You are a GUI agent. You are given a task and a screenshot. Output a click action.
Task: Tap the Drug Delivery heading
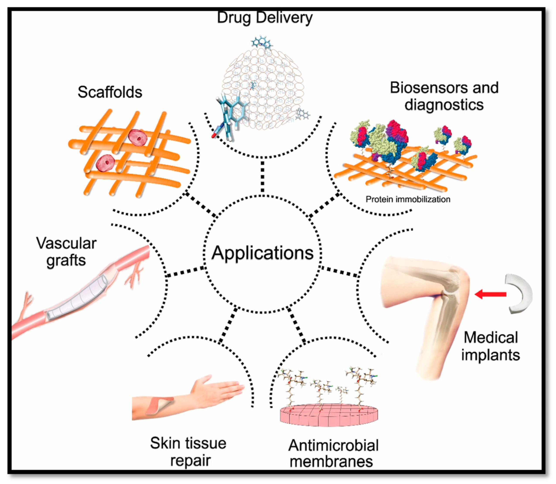coord(265,17)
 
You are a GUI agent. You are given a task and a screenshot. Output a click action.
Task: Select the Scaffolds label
coord(110,92)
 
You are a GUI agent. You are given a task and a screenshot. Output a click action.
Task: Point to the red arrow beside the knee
coord(490,294)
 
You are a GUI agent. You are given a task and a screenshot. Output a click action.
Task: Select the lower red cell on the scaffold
coord(106,163)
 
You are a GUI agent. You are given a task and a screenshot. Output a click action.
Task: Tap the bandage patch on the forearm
coord(159,405)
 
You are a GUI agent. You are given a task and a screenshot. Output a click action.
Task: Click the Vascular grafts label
coord(66,251)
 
